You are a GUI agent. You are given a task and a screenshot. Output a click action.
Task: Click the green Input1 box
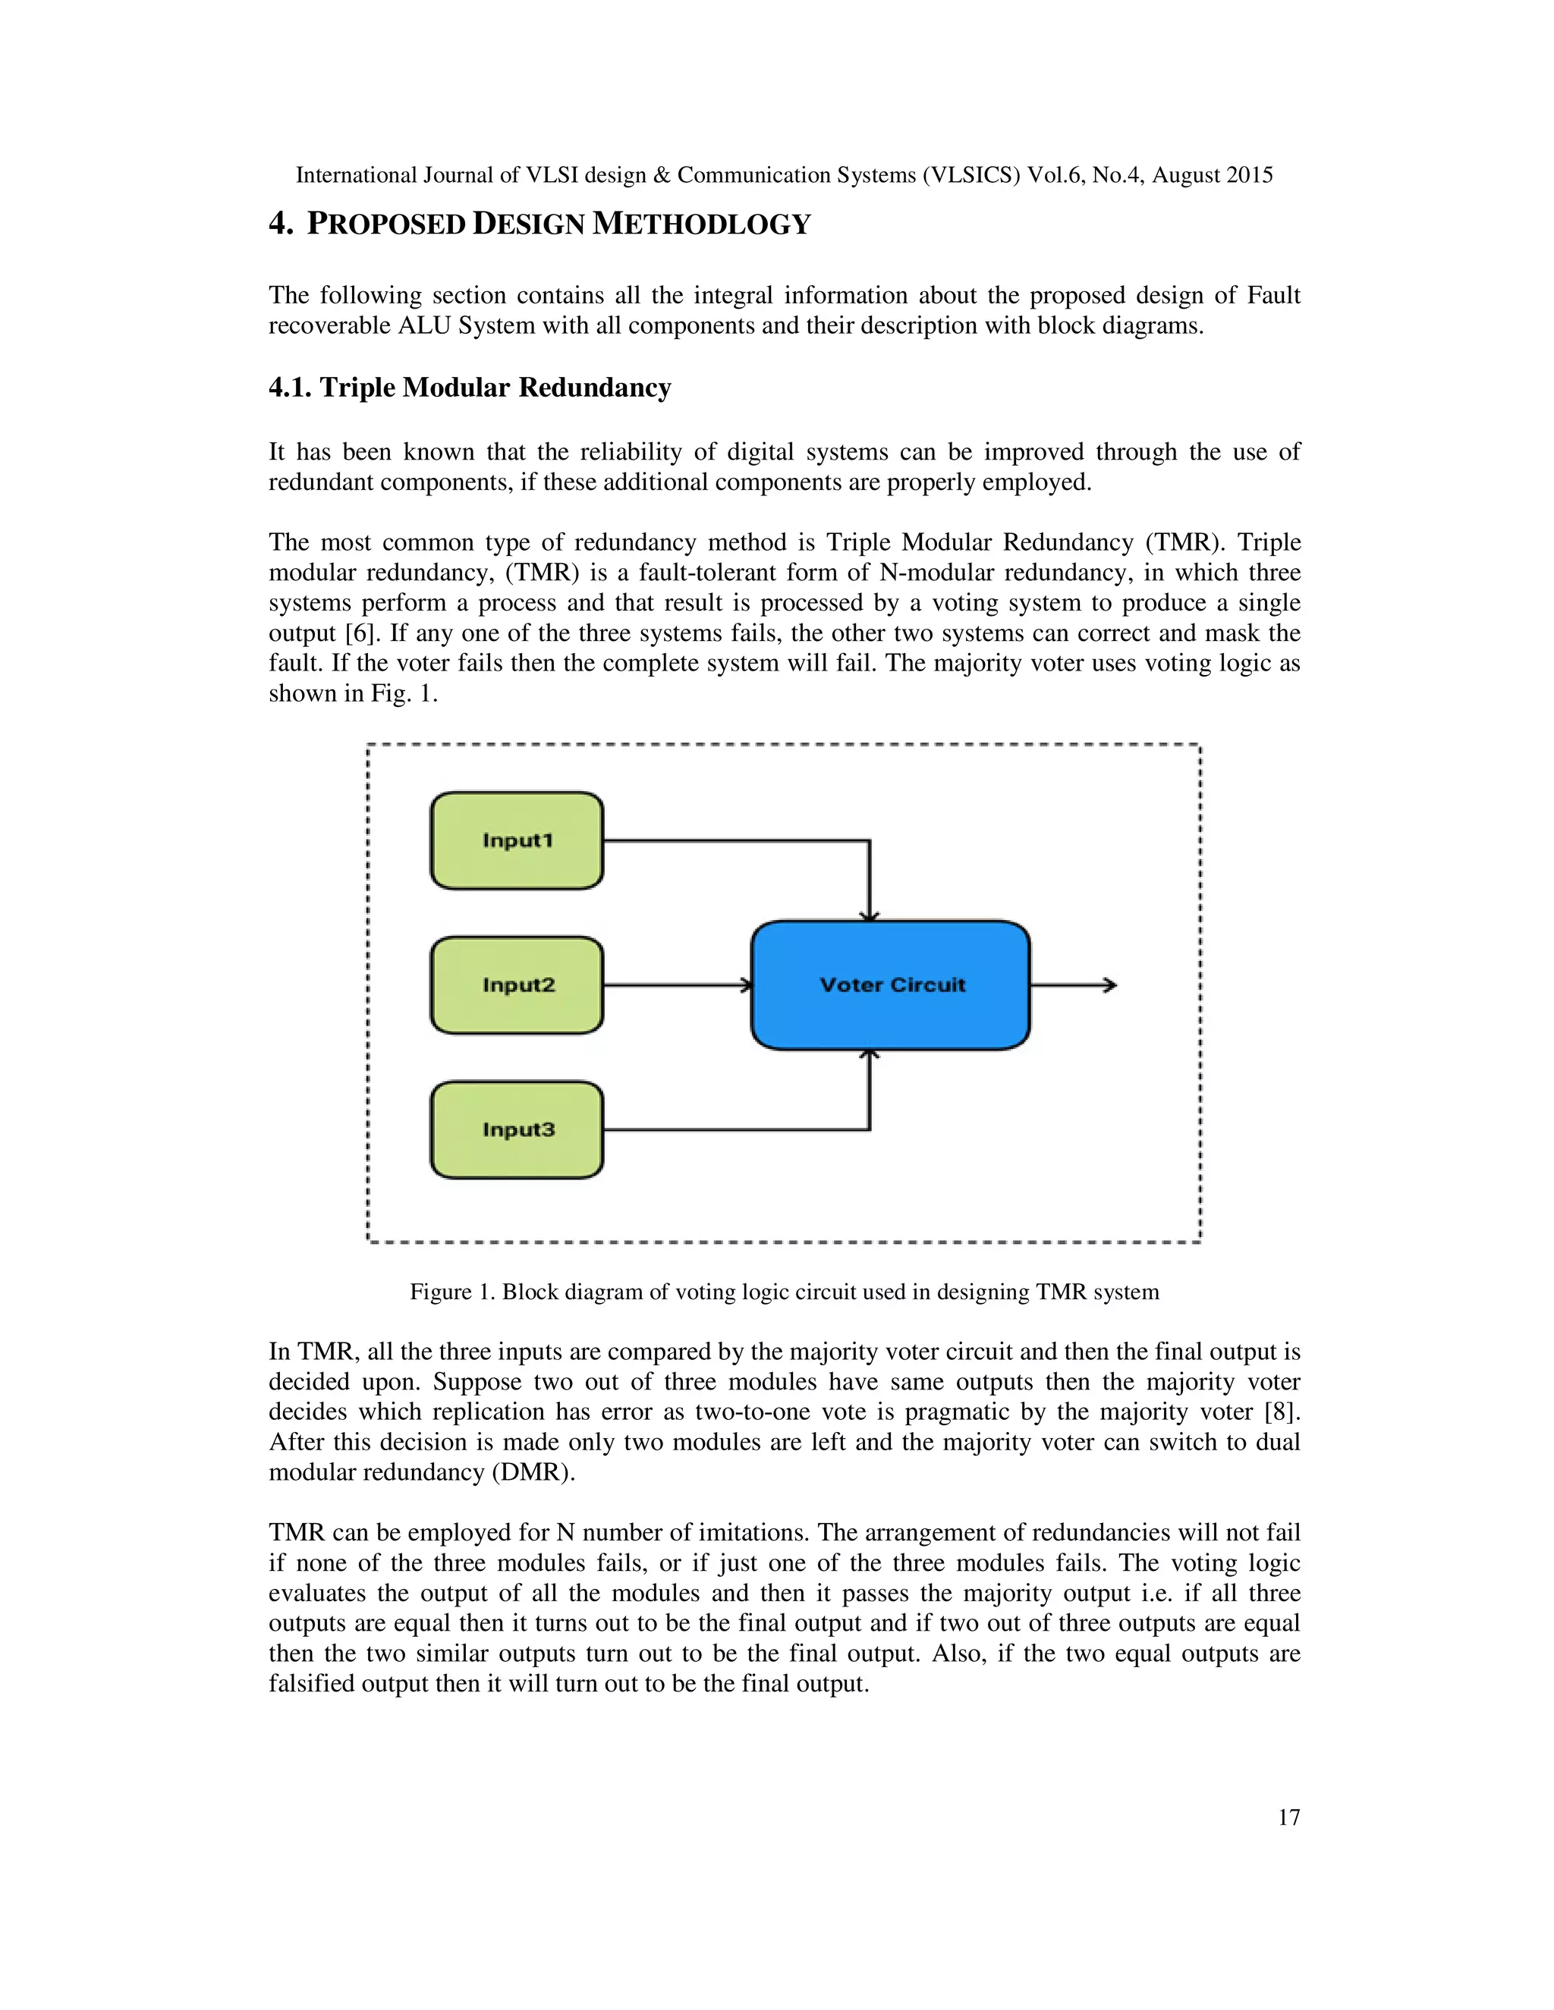(x=517, y=840)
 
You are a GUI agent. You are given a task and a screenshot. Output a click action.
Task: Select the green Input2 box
(x=517, y=985)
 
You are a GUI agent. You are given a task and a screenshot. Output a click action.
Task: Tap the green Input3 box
(x=517, y=1129)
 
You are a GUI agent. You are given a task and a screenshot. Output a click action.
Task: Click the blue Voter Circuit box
(x=890, y=985)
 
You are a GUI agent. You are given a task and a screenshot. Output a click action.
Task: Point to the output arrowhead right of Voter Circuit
(x=1111, y=985)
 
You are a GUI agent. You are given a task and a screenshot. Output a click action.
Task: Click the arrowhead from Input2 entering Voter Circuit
(x=747, y=985)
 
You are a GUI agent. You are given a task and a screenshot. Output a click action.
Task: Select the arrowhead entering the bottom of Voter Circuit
(x=869, y=1055)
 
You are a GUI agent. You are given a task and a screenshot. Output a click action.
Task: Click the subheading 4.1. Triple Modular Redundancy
(x=470, y=388)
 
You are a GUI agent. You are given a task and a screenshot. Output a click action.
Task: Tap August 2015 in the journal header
(x=1212, y=175)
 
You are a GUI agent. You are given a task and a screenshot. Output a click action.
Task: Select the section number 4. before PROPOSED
(x=280, y=224)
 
